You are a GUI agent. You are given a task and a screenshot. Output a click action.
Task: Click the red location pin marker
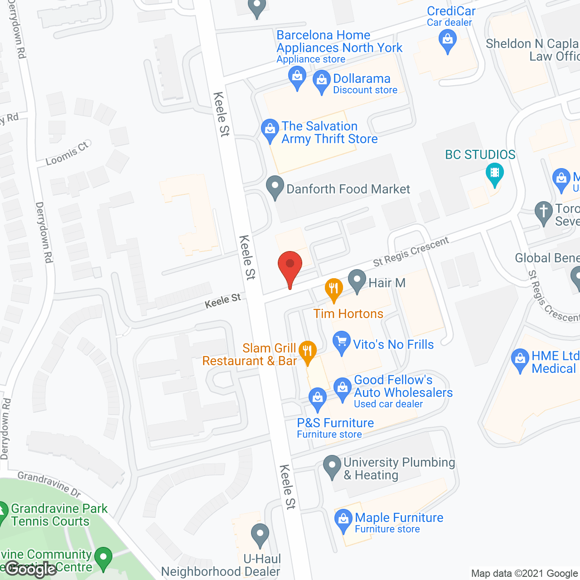click(x=290, y=267)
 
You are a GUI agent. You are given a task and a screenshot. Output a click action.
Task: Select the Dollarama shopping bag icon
click(x=321, y=81)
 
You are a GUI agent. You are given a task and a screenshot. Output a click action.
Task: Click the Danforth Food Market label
click(x=348, y=189)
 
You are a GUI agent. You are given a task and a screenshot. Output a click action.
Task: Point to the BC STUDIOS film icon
click(x=494, y=174)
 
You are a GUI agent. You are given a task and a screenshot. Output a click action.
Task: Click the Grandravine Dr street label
click(x=49, y=484)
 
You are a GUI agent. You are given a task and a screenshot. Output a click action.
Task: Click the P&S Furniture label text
click(x=335, y=423)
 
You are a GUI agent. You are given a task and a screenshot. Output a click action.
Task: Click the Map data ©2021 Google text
click(x=525, y=574)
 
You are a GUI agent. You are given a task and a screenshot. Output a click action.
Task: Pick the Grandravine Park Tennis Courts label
click(x=59, y=515)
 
